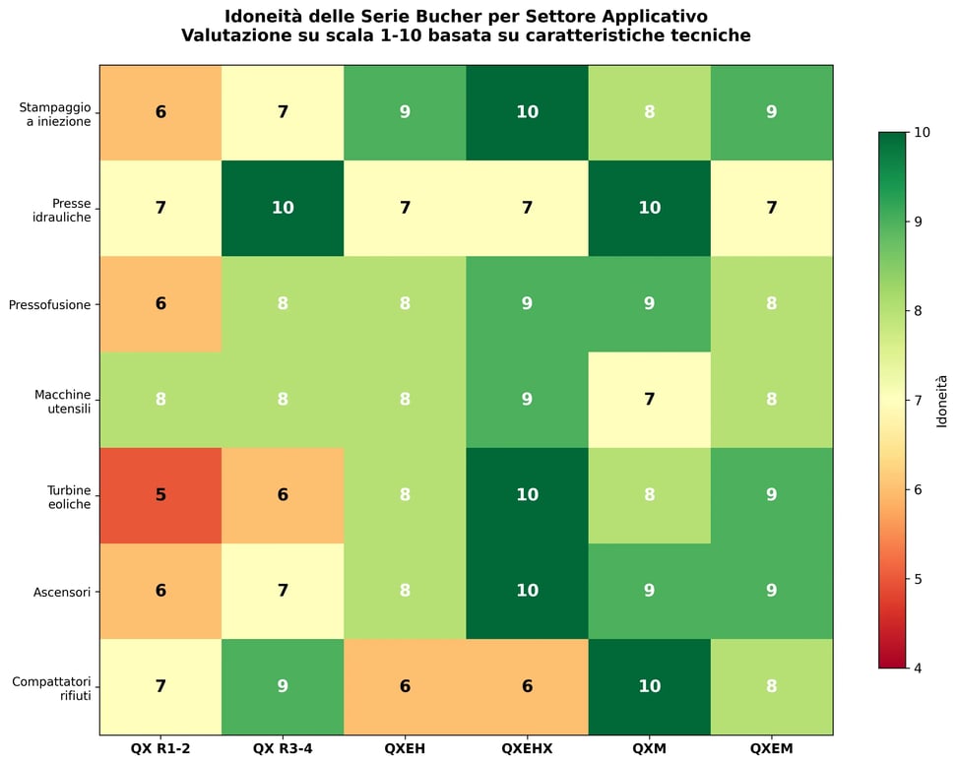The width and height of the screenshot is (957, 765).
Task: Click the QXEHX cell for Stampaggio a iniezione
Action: tap(527, 112)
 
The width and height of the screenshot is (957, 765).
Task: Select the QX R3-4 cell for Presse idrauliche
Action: tap(283, 208)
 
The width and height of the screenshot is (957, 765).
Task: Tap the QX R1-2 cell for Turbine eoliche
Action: tap(160, 495)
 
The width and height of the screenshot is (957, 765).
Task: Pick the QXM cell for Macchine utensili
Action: tap(649, 400)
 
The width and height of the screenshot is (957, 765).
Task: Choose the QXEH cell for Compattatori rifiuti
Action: tap(405, 686)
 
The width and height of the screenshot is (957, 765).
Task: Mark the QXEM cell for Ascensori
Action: tap(771, 591)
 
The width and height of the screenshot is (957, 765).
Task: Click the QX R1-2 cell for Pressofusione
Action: tap(160, 304)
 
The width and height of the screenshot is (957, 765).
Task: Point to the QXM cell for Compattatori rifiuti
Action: tap(649, 686)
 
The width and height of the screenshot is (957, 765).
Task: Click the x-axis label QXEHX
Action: tap(527, 749)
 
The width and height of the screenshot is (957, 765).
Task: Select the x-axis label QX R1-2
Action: tap(160, 749)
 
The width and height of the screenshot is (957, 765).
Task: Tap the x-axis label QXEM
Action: tap(771, 749)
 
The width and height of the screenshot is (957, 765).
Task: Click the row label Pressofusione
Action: tap(49, 305)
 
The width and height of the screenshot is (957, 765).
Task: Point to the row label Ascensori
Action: tap(62, 592)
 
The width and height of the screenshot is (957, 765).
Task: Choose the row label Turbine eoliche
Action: tap(69, 496)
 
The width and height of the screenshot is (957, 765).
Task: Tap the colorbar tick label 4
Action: tap(917, 669)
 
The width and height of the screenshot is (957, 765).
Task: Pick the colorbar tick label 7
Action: tap(917, 401)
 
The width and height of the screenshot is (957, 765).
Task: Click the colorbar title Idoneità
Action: tap(942, 400)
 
